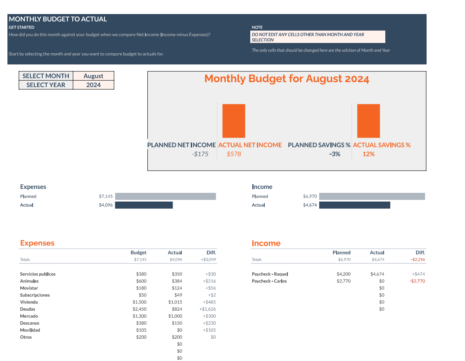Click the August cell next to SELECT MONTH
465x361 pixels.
point(93,76)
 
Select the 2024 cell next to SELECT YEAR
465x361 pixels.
point(93,85)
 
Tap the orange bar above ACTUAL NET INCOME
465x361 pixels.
point(234,121)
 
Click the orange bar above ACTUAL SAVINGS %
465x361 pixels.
point(368,121)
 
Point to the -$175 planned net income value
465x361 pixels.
point(200,154)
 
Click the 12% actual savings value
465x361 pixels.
point(369,154)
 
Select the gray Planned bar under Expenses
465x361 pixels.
point(166,196)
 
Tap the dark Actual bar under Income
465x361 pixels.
point(355,205)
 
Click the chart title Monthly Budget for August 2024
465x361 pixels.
point(287,79)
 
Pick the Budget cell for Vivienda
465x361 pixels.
point(140,302)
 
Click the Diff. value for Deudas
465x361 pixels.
point(208,309)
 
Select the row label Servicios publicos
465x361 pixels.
point(38,274)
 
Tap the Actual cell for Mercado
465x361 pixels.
point(175,316)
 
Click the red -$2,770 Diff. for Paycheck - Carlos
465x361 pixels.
point(417,281)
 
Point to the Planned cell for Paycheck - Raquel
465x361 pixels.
point(344,274)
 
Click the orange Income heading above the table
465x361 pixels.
point(266,243)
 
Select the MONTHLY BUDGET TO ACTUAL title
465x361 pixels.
point(58,19)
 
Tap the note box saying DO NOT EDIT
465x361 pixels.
point(318,37)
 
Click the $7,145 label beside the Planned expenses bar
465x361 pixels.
point(106,196)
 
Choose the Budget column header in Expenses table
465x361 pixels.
point(138,252)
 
